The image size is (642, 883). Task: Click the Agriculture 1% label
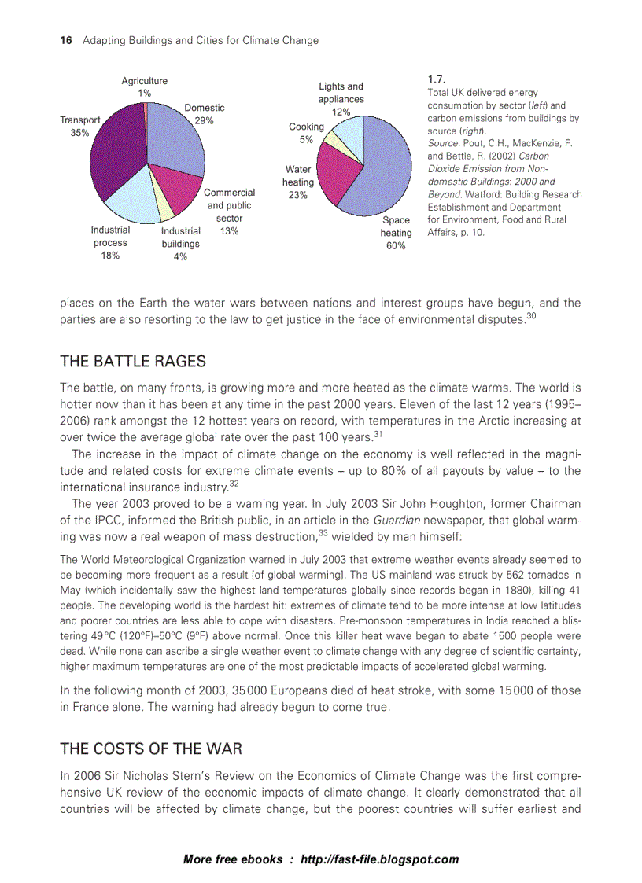point(144,86)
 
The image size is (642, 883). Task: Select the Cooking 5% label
point(306,133)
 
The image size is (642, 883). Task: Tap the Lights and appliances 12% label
point(341,99)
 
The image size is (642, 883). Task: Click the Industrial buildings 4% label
point(180,244)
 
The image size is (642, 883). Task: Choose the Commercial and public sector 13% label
point(229,212)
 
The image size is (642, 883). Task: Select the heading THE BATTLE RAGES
point(133,362)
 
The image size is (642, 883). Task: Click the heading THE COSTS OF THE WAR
point(151,748)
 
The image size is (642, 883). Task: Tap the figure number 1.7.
point(437,79)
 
